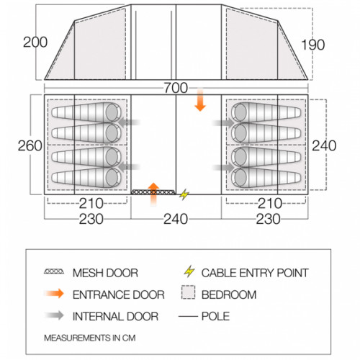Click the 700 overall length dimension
(x=176, y=88)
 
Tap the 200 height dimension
(x=35, y=42)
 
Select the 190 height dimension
(x=312, y=45)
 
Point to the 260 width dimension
(x=30, y=145)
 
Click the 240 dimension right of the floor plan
(x=324, y=145)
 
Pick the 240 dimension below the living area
(x=176, y=219)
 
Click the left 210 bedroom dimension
(x=91, y=204)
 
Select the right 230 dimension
(x=268, y=219)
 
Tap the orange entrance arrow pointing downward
(x=200, y=100)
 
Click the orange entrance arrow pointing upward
(x=153, y=194)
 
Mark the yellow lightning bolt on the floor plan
(x=184, y=194)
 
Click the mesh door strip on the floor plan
(x=153, y=192)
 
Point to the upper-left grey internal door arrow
(x=129, y=122)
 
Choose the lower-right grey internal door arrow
(x=224, y=167)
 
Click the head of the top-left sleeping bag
(x=112, y=112)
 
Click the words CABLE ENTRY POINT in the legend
(x=255, y=273)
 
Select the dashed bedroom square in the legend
(x=188, y=292)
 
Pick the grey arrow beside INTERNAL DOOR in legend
(x=55, y=315)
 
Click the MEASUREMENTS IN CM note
(x=90, y=338)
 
